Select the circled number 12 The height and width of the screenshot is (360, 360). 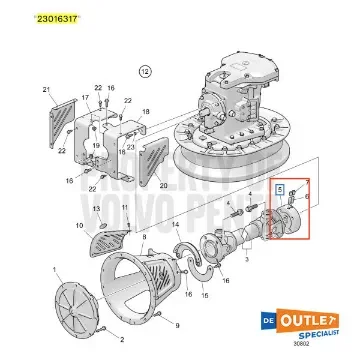pyautogui.click(x=144, y=73)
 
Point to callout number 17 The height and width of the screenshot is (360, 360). pyautogui.click(x=84, y=97)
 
